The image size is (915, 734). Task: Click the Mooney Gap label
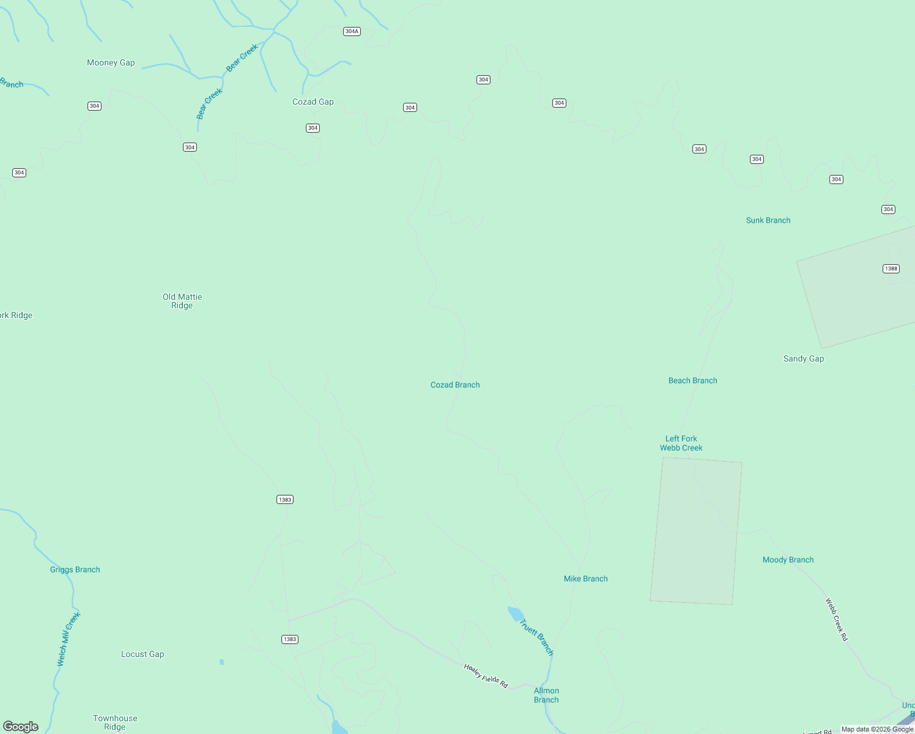(x=111, y=62)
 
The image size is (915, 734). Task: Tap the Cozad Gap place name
(x=313, y=102)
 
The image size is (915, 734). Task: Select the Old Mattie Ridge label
(x=182, y=301)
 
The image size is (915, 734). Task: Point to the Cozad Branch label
(x=455, y=385)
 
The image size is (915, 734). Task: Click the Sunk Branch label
(x=768, y=220)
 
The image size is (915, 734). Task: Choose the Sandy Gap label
(x=804, y=358)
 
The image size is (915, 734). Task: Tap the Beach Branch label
(x=693, y=380)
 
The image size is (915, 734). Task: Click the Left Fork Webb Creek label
(x=681, y=443)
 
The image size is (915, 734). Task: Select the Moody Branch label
(x=788, y=560)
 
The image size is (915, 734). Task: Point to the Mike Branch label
(x=586, y=579)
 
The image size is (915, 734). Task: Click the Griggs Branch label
(x=75, y=569)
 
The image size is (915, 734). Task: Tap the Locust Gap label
(x=143, y=654)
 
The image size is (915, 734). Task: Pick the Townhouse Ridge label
(x=115, y=722)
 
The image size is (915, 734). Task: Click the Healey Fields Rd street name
(x=486, y=676)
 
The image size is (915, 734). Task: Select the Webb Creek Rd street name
(x=837, y=619)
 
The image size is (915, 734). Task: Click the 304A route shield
(x=352, y=31)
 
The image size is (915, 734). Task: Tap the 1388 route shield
(x=891, y=269)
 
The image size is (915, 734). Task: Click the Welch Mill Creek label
(x=69, y=639)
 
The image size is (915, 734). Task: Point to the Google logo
(x=21, y=726)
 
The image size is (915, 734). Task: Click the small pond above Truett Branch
(x=516, y=614)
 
